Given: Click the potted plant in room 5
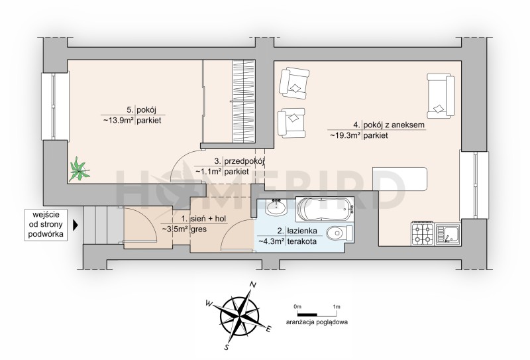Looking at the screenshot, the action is point(79,169).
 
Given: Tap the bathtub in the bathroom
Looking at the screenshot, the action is point(325,209).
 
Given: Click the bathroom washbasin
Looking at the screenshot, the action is point(276,207).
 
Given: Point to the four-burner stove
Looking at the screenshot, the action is point(423,234).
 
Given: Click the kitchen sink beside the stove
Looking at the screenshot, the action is point(448,234).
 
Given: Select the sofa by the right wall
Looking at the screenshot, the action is point(441,95).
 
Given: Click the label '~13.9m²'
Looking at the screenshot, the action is point(117,120).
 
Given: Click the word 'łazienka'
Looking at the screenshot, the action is point(302,231).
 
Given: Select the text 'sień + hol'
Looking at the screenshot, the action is point(208,219).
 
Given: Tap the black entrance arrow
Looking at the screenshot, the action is point(76,225).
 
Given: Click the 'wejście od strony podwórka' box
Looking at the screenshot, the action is point(46,225).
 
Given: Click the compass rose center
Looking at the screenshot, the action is point(240,316).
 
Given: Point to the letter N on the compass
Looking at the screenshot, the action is point(252,285).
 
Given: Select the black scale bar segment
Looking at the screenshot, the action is point(307,315).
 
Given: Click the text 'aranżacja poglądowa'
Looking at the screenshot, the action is point(317,322).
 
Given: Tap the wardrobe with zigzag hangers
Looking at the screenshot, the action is point(243,101).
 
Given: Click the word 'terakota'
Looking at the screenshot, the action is point(302,241).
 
